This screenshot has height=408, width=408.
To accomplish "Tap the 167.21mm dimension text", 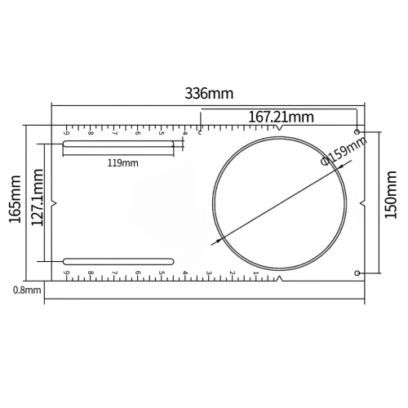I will (281, 117).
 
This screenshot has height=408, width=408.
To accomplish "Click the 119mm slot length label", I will (123, 162).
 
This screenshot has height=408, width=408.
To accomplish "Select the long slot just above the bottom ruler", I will (119, 260).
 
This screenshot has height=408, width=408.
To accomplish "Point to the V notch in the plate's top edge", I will (280, 128).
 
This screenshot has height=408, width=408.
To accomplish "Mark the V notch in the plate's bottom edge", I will (280, 278).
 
